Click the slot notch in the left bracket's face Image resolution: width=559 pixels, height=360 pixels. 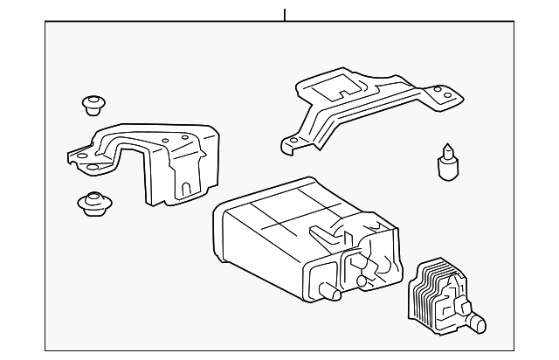coord(185,186)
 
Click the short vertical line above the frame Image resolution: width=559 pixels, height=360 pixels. coord(284,15)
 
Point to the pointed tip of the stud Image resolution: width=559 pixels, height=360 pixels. coord(447,148)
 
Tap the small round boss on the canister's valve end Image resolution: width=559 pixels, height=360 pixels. coord(362,280)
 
